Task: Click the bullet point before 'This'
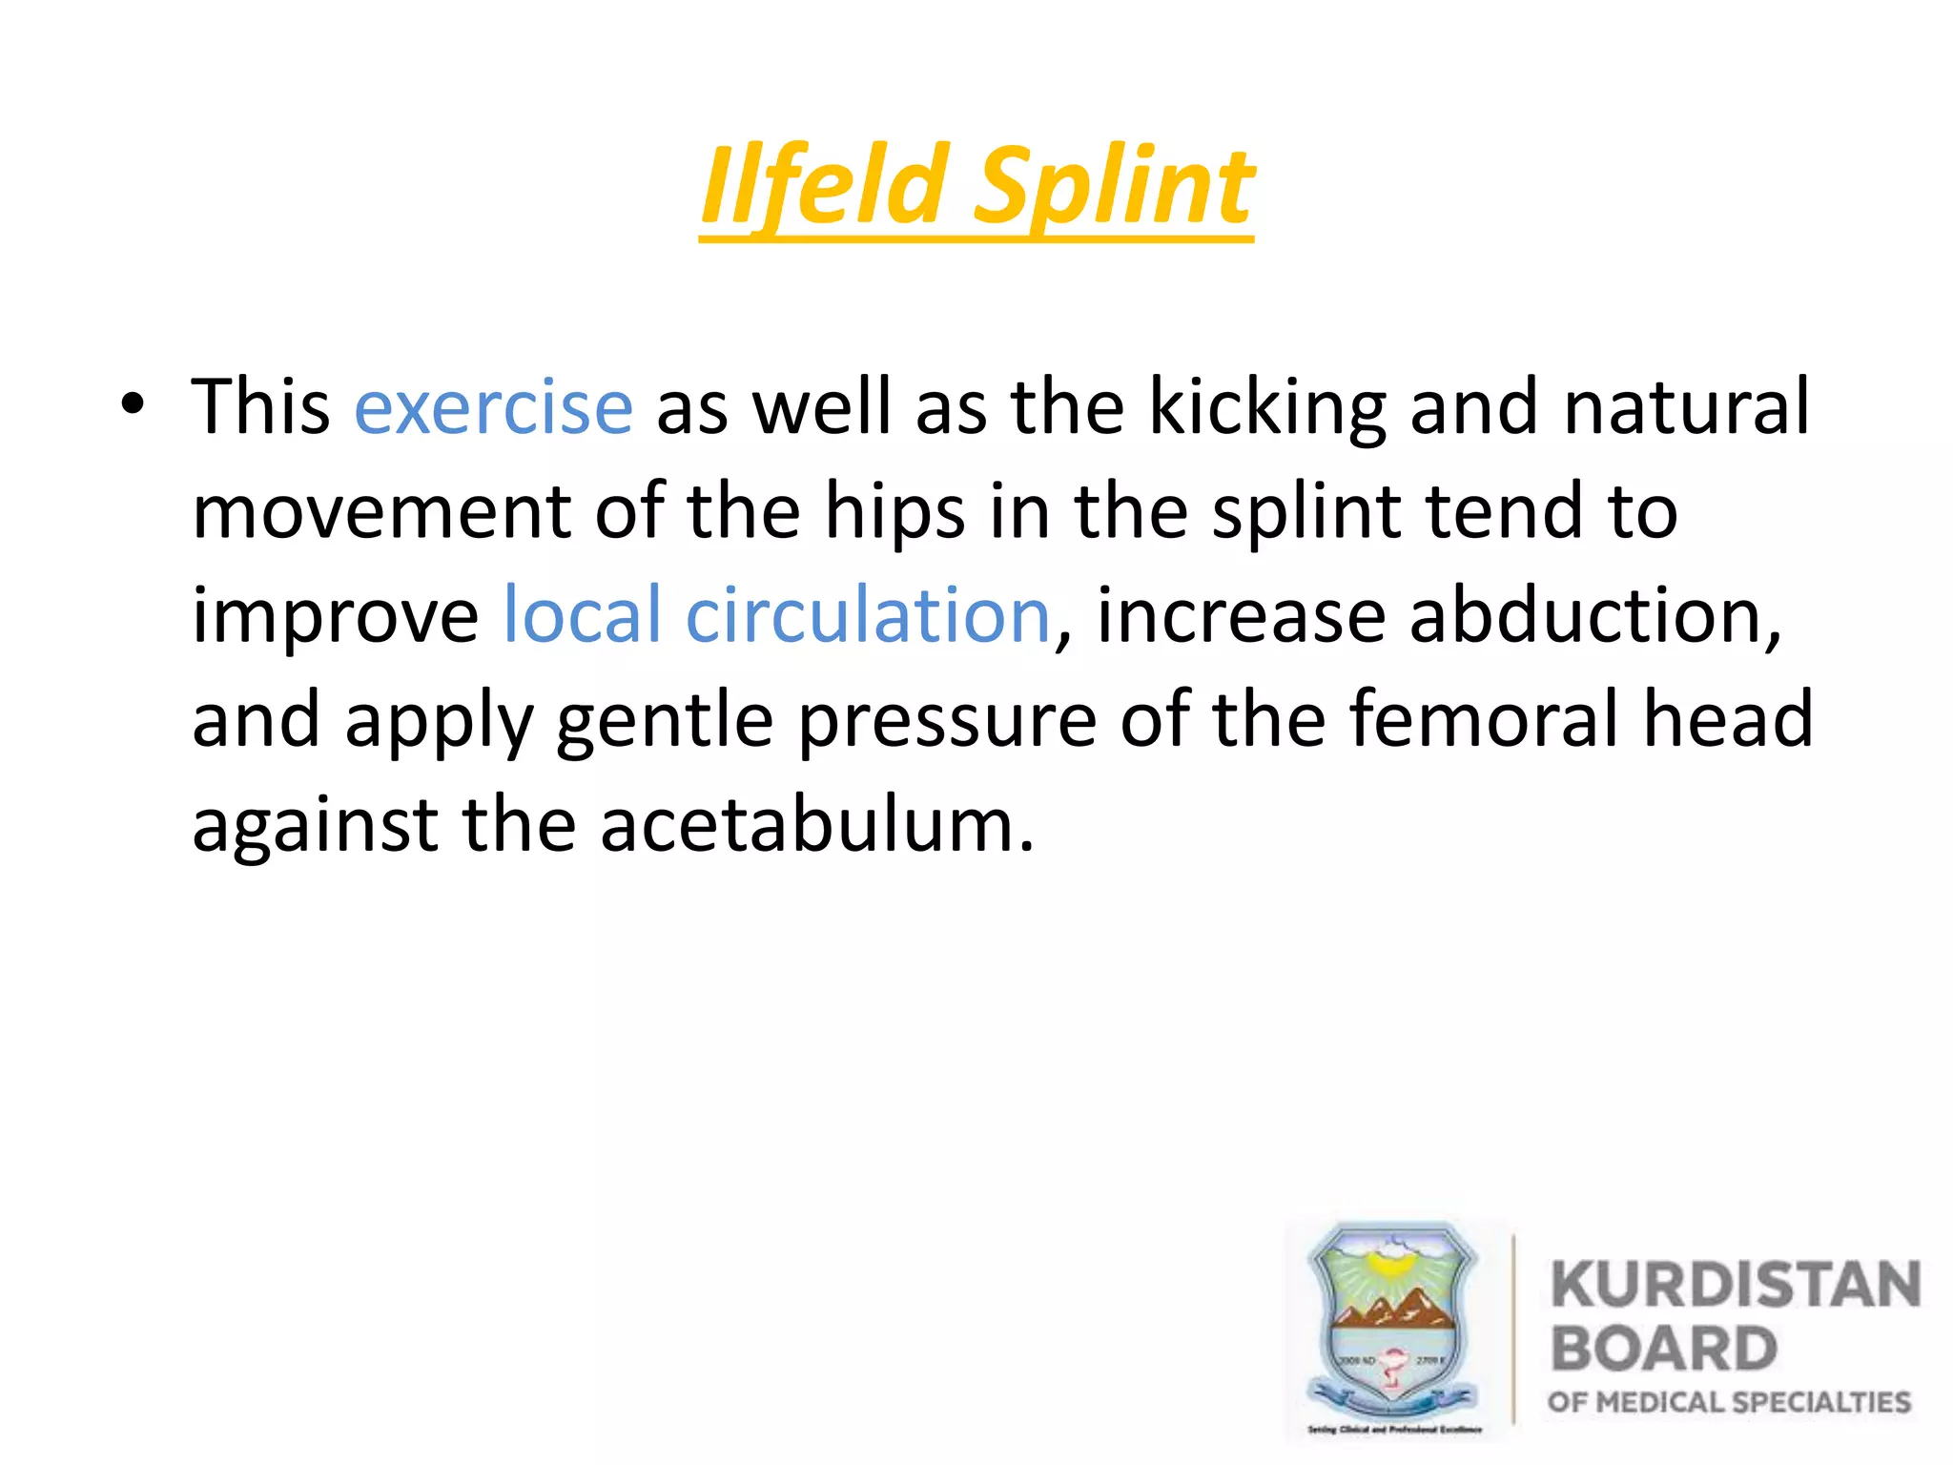(133, 405)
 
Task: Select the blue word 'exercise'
(493, 408)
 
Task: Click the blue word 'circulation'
(868, 615)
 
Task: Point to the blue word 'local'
(582, 615)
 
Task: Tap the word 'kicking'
(1267, 408)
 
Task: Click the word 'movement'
(381, 512)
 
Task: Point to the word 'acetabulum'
(816, 824)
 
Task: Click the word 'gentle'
(665, 721)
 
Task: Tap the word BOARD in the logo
(1664, 1349)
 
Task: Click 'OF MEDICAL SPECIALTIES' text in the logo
(1729, 1402)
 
